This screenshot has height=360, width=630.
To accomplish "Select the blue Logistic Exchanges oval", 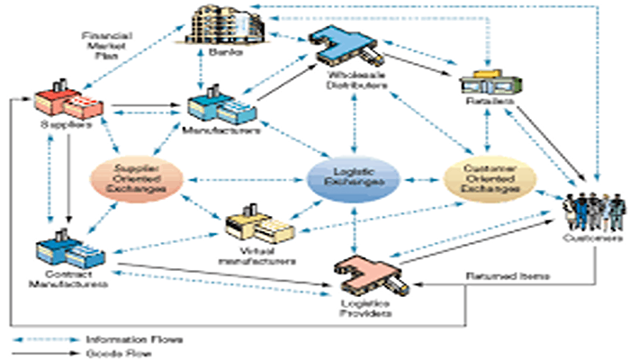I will (x=353, y=181).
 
